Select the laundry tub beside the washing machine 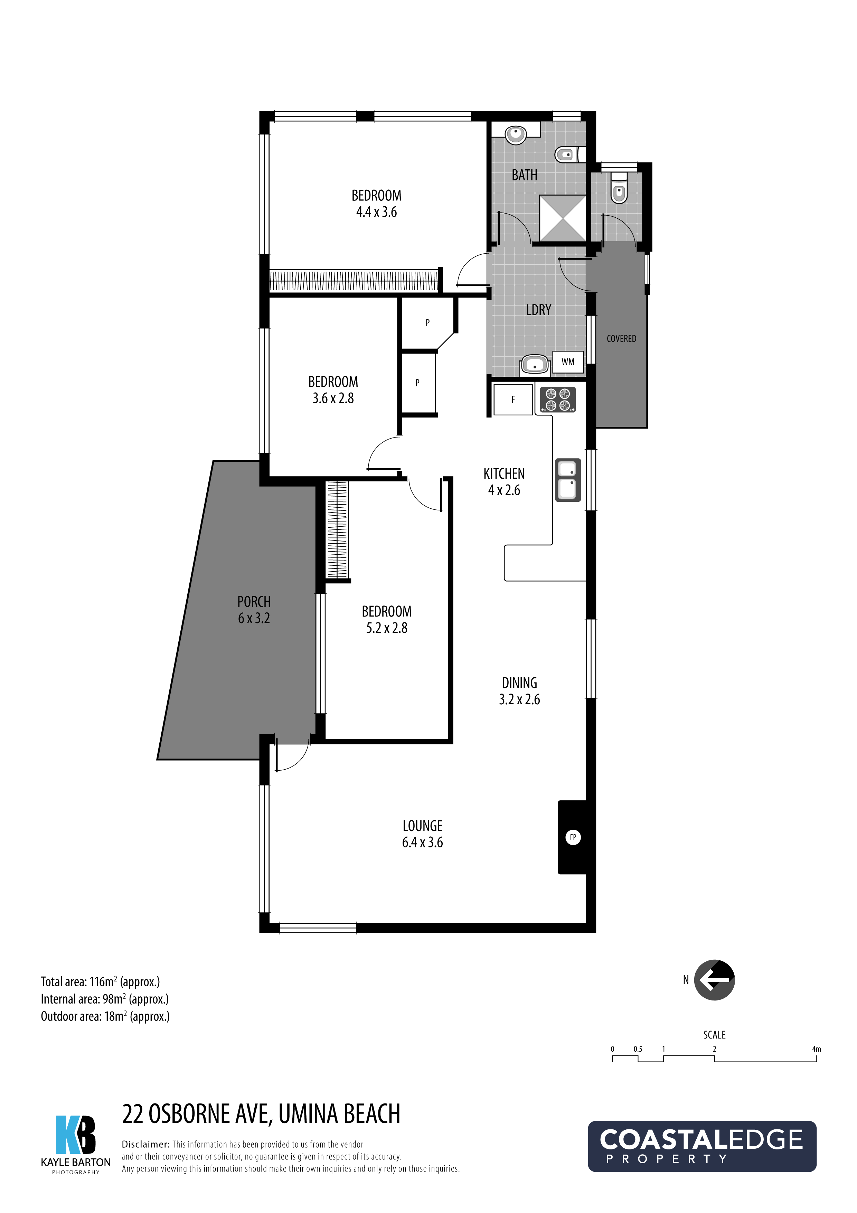[x=535, y=365]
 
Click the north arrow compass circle [x=714, y=980]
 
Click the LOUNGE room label [x=422, y=826]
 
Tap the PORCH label [x=254, y=602]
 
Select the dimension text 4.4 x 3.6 [x=376, y=212]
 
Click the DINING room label [x=519, y=683]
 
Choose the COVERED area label [x=621, y=339]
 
